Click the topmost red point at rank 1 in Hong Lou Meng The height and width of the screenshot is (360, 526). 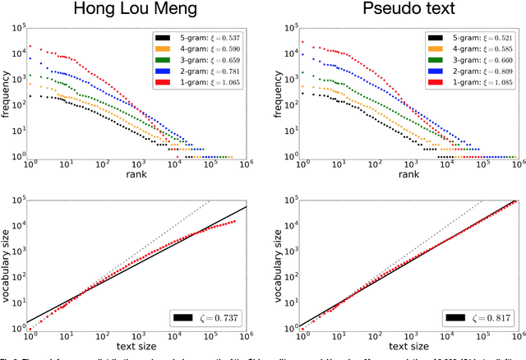coord(30,46)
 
